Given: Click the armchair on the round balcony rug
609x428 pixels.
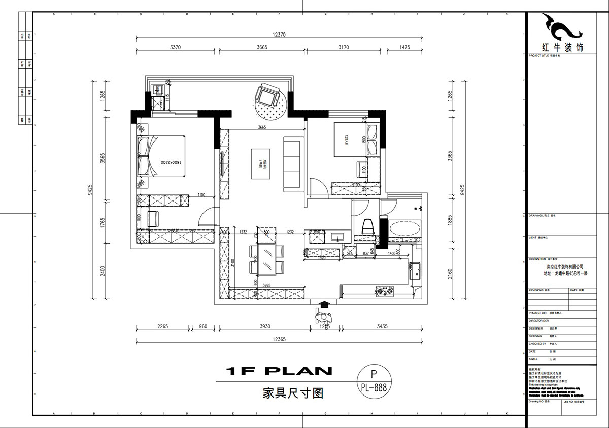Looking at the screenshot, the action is tap(267, 95).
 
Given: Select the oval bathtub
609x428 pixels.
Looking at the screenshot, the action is tap(404, 228).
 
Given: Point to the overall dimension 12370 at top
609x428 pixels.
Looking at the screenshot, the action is tap(280, 35).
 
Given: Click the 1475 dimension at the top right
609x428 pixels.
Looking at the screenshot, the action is tap(404, 47).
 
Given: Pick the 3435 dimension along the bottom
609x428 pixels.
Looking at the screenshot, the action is tap(382, 327).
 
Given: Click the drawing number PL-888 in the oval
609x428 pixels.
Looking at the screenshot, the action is tap(375, 387).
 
